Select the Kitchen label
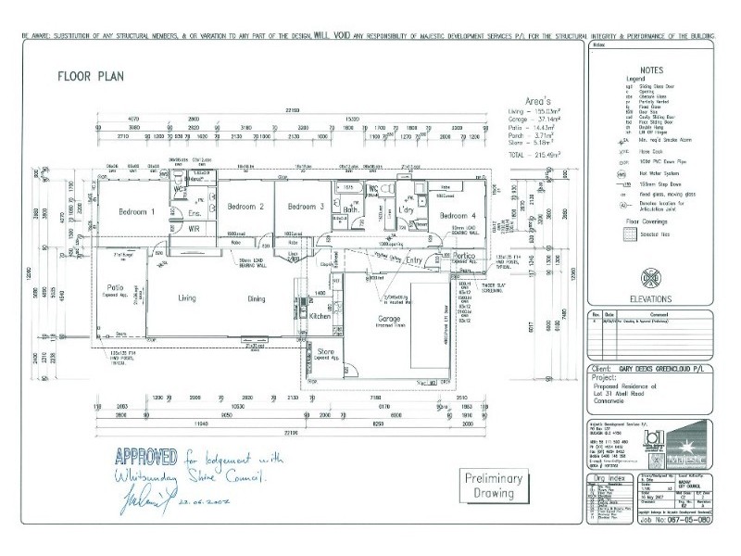point(320,317)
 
